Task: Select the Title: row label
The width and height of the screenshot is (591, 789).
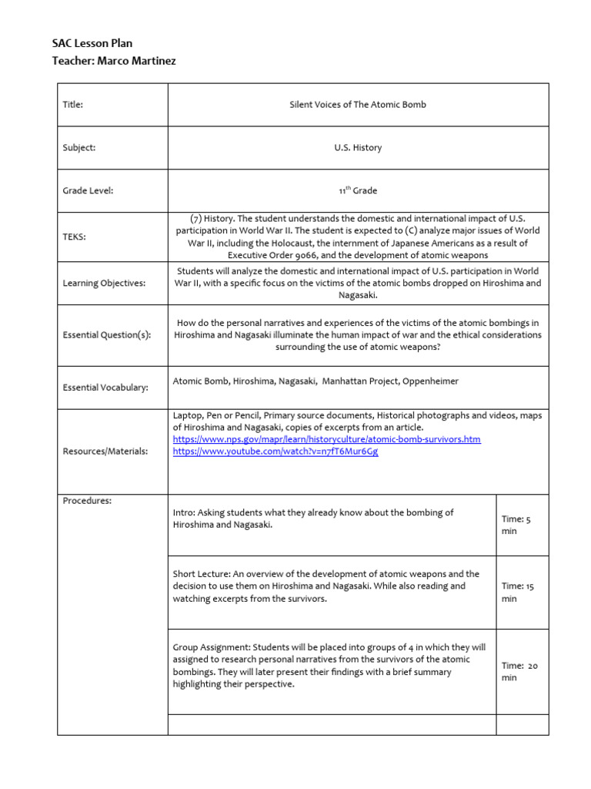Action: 73,105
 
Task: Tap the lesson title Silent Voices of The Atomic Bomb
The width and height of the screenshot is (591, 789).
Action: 358,105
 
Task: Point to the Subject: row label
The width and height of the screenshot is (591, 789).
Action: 79,147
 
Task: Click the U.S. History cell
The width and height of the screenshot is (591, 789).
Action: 358,147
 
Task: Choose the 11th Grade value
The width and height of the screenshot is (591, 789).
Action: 358,190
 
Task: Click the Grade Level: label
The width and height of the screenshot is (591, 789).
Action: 88,190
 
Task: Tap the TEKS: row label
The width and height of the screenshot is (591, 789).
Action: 75,237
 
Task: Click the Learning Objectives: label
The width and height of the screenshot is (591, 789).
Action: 103,283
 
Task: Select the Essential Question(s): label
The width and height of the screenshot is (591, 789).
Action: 106,335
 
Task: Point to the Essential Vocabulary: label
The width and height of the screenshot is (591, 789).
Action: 105,388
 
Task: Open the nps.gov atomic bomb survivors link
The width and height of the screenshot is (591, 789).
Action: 326,439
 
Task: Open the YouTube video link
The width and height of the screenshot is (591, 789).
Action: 275,452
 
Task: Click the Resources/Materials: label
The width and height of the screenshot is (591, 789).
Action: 105,451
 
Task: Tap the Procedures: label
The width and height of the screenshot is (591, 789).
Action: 87,501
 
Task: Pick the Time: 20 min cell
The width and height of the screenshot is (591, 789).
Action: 519,671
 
